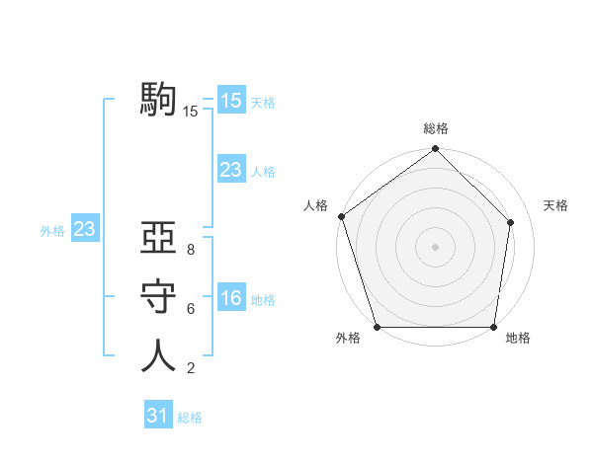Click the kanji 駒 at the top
coord(158,100)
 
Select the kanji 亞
coord(158,240)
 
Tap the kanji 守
coord(158,297)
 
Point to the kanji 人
coord(158,354)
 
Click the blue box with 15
coord(230,100)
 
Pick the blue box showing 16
coord(230,297)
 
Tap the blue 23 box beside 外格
coord(84,229)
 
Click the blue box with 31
coord(158,416)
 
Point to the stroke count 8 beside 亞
coord(190,251)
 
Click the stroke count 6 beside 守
coord(190,309)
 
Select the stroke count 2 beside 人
coord(190,368)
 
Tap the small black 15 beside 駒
coord(191,112)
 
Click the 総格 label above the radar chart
coord(435,129)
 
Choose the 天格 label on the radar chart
coord(555,205)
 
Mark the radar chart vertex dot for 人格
coord(341,216)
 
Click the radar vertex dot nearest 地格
coord(493,327)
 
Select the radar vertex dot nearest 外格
coord(377,327)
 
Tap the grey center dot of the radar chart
coord(435,246)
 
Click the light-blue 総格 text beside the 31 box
coord(190,418)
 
